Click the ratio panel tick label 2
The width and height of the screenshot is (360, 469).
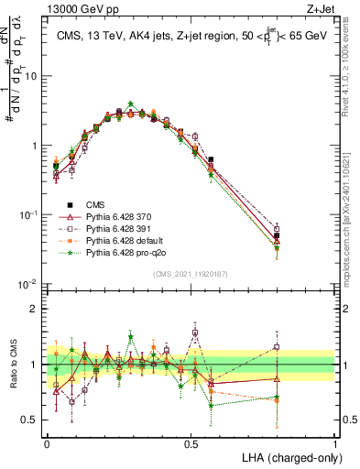38,309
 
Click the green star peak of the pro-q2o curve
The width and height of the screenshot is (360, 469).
131,104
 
